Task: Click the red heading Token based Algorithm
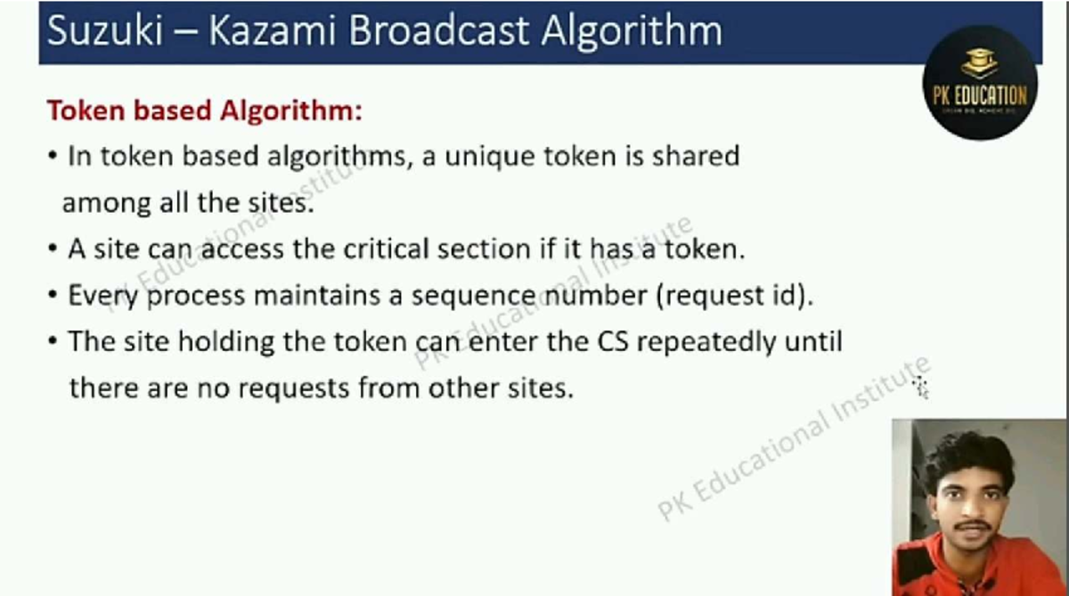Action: (x=205, y=111)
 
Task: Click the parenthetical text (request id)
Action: (x=735, y=296)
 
